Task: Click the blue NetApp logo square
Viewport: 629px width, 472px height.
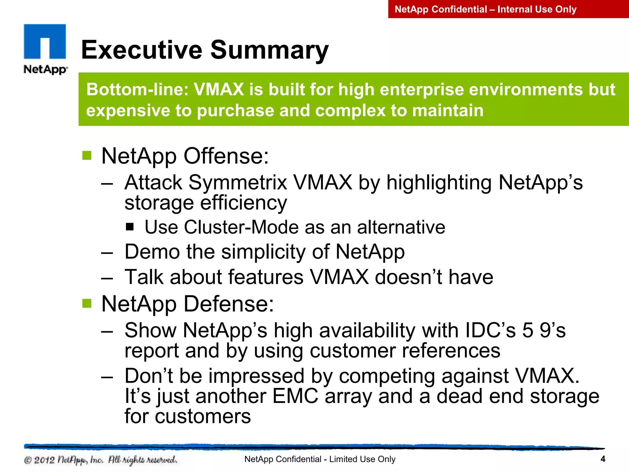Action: [45, 41]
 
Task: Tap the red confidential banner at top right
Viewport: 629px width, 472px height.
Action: [508, 9]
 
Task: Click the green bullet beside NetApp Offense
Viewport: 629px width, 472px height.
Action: [87, 155]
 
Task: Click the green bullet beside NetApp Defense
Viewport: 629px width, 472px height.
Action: [87, 303]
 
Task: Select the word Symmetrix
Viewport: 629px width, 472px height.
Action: [237, 183]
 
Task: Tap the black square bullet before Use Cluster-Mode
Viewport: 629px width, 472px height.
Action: [130, 227]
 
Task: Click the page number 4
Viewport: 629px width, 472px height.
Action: [603, 459]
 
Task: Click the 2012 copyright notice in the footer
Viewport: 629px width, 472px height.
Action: [100, 460]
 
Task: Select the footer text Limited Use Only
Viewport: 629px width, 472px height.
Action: [362, 459]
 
